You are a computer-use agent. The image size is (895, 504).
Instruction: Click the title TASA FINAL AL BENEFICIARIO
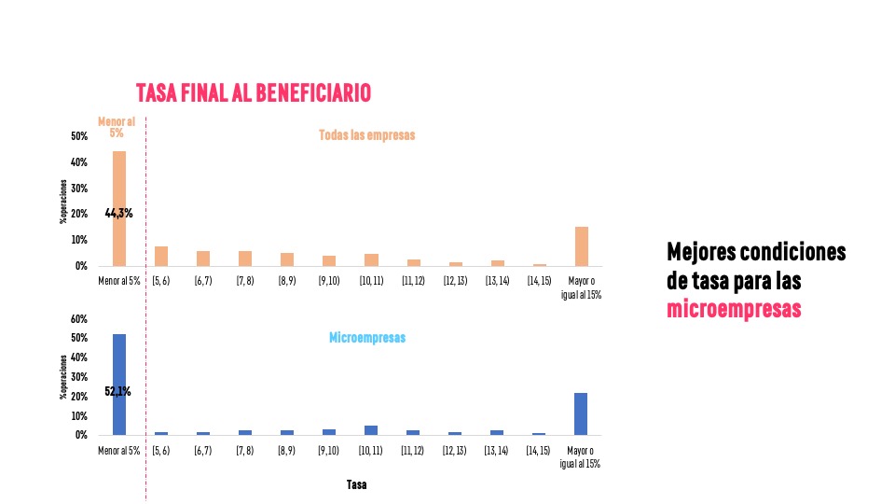pos(254,92)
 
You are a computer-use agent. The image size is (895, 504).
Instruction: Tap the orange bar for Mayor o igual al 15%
pos(582,246)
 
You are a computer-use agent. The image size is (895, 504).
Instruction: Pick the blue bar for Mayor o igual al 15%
pos(581,413)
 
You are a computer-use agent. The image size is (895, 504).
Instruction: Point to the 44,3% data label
pos(118,213)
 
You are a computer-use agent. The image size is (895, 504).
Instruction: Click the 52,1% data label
pos(117,392)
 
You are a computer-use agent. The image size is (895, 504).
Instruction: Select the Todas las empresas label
pos(366,135)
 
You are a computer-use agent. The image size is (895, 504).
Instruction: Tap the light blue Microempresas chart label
pos(367,338)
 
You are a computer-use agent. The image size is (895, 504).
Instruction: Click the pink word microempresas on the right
pos(734,309)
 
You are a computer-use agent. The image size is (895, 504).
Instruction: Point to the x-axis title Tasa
pos(356,484)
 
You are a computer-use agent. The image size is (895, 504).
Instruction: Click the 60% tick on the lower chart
pos(78,319)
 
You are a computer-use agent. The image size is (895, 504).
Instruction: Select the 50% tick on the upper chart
pos(78,136)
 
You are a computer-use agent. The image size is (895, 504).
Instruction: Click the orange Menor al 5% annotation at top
pos(117,127)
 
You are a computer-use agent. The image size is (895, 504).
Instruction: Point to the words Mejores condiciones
pos(756,253)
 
